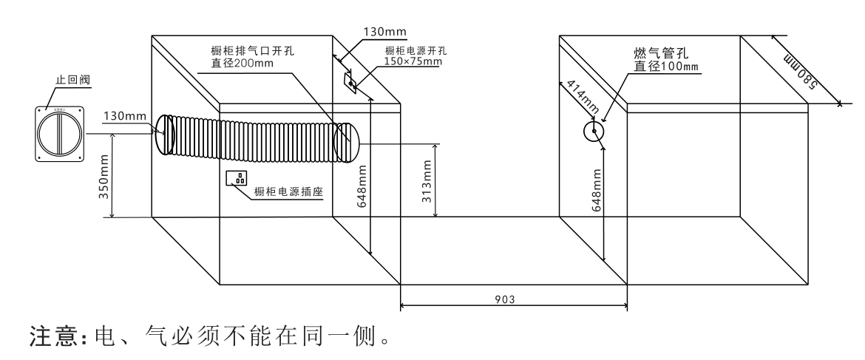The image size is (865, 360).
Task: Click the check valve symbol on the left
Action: coord(62,133)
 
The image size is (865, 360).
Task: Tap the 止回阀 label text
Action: coord(68,79)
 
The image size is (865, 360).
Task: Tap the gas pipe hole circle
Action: coord(594,132)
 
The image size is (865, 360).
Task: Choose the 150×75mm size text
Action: coord(413,62)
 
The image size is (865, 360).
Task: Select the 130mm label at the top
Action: coord(383,33)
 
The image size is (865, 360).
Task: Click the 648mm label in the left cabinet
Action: coord(362,186)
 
